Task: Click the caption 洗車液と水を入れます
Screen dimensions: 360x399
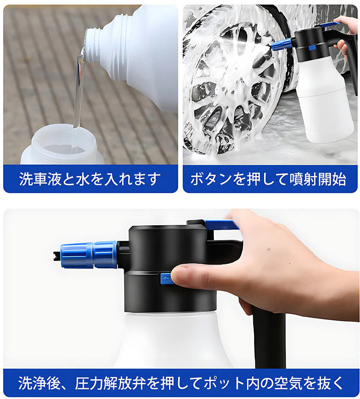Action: point(90,179)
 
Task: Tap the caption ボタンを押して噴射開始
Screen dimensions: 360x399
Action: point(269,179)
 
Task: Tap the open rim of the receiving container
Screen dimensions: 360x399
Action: point(62,137)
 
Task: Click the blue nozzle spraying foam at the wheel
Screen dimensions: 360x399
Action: point(281,45)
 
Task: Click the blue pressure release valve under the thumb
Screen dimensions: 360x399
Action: point(166,278)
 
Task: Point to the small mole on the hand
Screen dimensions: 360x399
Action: point(269,250)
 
